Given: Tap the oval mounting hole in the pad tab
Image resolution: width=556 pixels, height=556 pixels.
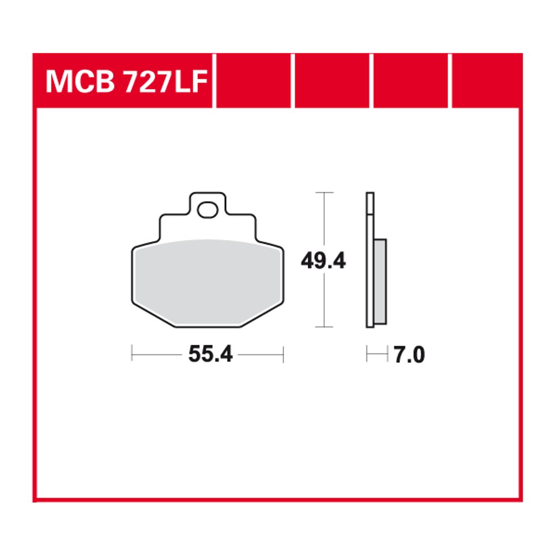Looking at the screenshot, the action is [x=207, y=210].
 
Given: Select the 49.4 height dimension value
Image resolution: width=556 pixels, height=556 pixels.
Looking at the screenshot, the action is [x=323, y=261].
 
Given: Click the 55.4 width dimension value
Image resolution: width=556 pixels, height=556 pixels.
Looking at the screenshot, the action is [x=210, y=354].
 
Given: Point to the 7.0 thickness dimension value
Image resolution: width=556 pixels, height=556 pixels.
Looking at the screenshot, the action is [x=409, y=355].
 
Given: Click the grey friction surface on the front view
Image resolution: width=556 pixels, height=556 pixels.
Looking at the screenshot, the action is [x=207, y=282].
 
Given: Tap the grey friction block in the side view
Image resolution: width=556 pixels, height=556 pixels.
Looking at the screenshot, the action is [x=380, y=282].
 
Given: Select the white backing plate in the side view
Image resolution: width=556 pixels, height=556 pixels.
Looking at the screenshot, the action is [x=370, y=260].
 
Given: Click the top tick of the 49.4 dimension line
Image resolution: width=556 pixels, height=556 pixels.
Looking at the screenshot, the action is [x=324, y=193].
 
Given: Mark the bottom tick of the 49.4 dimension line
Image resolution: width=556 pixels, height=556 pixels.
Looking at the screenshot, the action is [x=324, y=326].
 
